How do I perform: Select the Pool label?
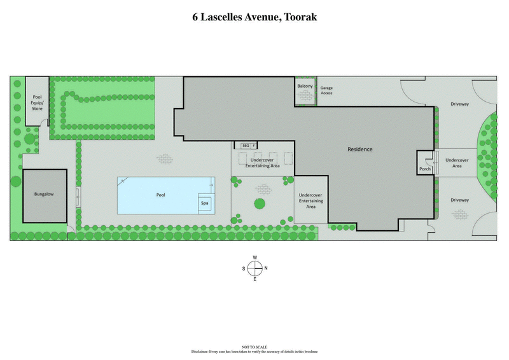[161, 195]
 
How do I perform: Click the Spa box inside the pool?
[205, 204]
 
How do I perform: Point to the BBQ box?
[245, 146]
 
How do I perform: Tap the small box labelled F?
[254, 146]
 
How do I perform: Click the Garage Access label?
[326, 90]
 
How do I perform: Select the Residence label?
[359, 149]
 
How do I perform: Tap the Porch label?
[425, 169]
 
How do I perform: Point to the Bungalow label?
[44, 194]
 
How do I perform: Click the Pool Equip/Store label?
[37, 102]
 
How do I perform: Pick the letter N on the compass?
[266, 268]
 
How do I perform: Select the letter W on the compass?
[254, 258]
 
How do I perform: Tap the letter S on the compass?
[244, 268]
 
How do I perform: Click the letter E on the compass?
[254, 279]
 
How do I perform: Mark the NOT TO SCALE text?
[254, 347]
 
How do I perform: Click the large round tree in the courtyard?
[260, 204]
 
